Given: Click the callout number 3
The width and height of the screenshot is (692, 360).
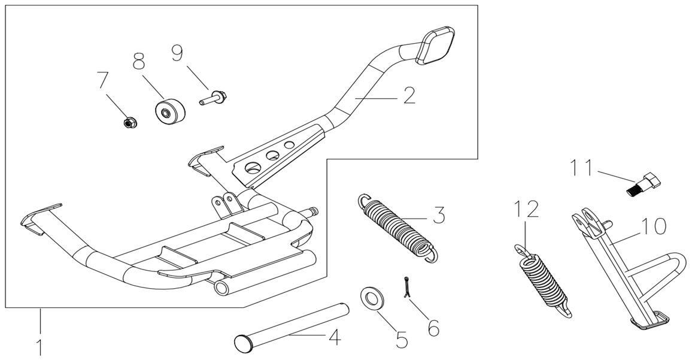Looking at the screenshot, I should pos(439,215).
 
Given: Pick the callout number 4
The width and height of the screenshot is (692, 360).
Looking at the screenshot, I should pos(335,338).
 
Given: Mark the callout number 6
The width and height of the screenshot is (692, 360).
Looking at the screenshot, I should pos(433,327).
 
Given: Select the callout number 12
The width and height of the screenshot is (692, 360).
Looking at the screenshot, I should pos(526,210).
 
